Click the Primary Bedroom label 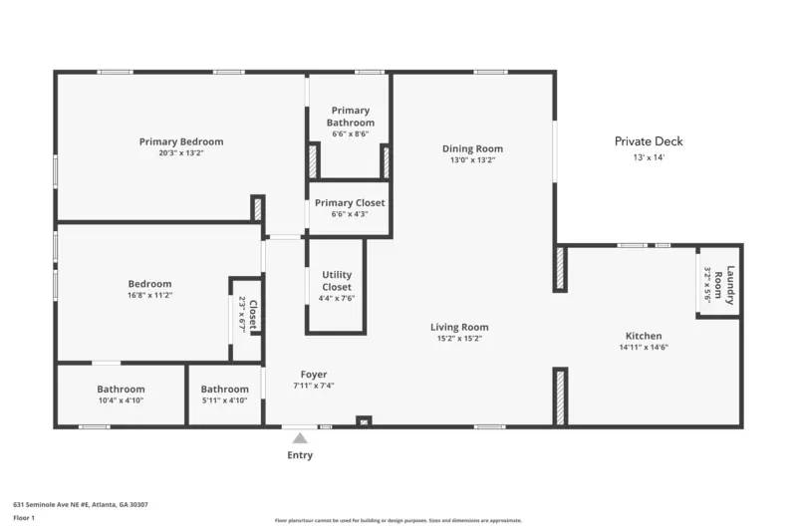pyautogui.click(x=180, y=141)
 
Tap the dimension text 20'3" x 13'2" pyautogui.click(x=180, y=153)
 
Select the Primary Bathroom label pyautogui.click(x=350, y=117)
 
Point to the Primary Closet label pyautogui.click(x=350, y=202)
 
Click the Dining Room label pyautogui.click(x=472, y=148)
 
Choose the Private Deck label pyautogui.click(x=648, y=141)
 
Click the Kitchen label pyautogui.click(x=643, y=336)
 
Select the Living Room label pyautogui.click(x=459, y=327)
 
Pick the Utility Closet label pyautogui.click(x=337, y=280)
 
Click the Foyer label pyautogui.click(x=313, y=375)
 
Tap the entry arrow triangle pyautogui.click(x=300, y=437)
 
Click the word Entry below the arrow pyautogui.click(x=300, y=455)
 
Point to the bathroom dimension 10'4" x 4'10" pyautogui.click(x=121, y=400)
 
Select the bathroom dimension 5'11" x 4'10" pyautogui.click(x=224, y=400)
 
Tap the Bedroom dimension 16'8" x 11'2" pyautogui.click(x=149, y=296)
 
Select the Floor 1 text pyautogui.click(x=23, y=518)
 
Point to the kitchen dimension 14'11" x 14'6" pyautogui.click(x=643, y=348)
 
